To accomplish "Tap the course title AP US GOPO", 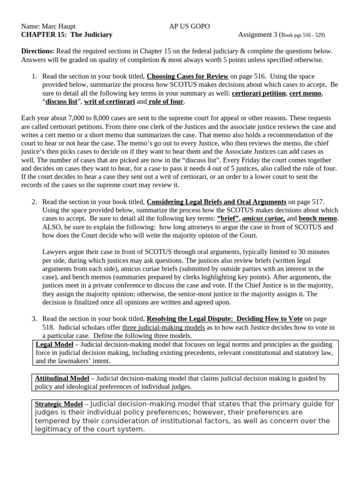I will [189, 26].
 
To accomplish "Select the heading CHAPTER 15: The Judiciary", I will [67, 35].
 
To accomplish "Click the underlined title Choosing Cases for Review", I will [187, 76].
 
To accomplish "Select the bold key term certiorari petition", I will [258, 93].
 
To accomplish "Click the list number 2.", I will [34, 202].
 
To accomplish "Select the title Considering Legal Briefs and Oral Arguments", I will [216, 202].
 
